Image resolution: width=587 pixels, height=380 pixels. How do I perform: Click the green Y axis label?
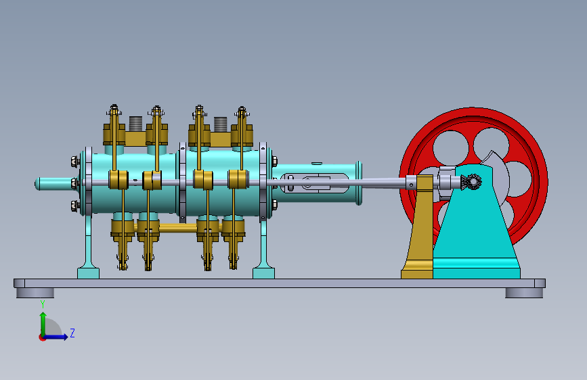43,304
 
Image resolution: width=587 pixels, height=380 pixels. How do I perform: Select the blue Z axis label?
72,333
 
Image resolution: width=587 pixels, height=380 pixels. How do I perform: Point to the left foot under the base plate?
35,293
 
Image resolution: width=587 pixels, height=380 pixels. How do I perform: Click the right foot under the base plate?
524,293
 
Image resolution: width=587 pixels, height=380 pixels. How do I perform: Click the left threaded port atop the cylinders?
135,124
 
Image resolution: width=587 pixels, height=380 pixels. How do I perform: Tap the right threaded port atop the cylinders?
221,124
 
